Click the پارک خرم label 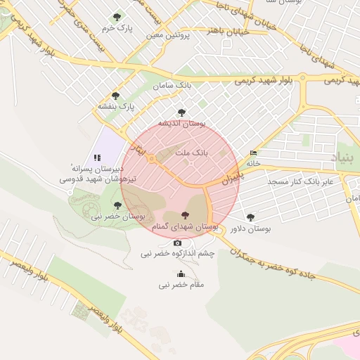(x=117, y=28)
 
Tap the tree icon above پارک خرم (x=117, y=17)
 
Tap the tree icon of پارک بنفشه (x=115, y=96)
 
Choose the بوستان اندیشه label (x=181, y=123)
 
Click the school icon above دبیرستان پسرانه (x=97, y=158)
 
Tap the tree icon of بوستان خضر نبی (x=117, y=206)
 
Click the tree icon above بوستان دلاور (x=251, y=217)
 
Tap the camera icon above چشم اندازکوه (x=177, y=243)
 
